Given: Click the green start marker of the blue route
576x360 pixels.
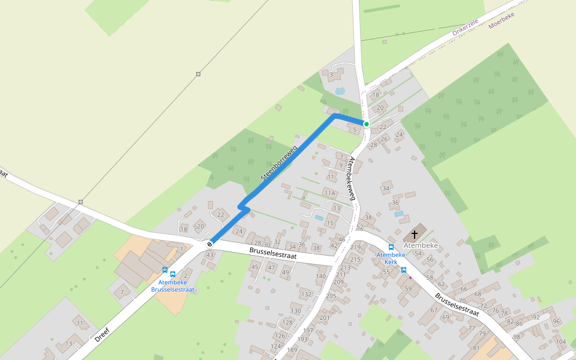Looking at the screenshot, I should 366,124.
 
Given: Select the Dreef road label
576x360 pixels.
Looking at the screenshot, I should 102,335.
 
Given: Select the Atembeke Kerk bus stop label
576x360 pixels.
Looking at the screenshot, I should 387,259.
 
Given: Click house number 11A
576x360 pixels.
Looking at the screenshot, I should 329,193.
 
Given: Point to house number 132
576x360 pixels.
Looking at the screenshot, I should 306,294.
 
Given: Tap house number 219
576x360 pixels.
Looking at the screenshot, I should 355,247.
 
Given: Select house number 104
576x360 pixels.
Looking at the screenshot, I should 560,341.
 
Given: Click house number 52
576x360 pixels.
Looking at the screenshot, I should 359,227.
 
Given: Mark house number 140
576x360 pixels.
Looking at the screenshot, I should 321,277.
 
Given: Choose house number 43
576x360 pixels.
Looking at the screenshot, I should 209,256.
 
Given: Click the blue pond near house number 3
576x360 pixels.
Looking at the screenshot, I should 340,91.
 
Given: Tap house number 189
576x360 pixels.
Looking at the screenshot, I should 292,350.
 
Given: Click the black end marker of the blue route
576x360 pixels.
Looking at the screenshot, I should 209,244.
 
